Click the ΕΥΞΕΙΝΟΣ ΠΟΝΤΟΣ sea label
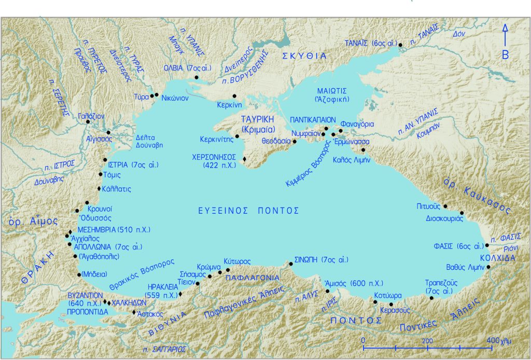(249, 211)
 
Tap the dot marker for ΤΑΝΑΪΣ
(400, 46)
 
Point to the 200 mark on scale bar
(428, 340)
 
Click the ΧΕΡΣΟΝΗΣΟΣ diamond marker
(244, 159)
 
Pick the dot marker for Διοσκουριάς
(462, 213)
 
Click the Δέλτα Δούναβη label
(149, 142)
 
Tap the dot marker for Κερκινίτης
(236, 137)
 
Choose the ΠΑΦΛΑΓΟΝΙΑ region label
(253, 278)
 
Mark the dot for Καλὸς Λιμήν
(363, 150)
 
